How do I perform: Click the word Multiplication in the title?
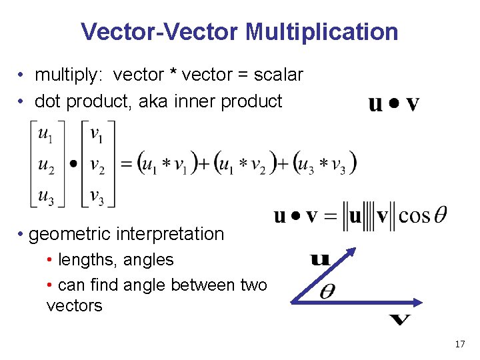pyautogui.click(x=321, y=31)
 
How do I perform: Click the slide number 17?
pyautogui.click(x=459, y=344)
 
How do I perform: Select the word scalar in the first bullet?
pyautogui.click(x=278, y=75)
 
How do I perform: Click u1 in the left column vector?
pyautogui.click(x=45, y=135)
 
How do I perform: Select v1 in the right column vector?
pyautogui.click(x=97, y=135)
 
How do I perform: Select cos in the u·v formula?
pyautogui.click(x=415, y=217)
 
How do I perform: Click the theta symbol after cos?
pyautogui.click(x=440, y=216)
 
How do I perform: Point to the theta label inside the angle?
pyautogui.click(x=327, y=291)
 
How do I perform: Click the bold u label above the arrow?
pyautogui.click(x=320, y=259)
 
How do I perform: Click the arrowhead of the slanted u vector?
pyautogui.click(x=351, y=253)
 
